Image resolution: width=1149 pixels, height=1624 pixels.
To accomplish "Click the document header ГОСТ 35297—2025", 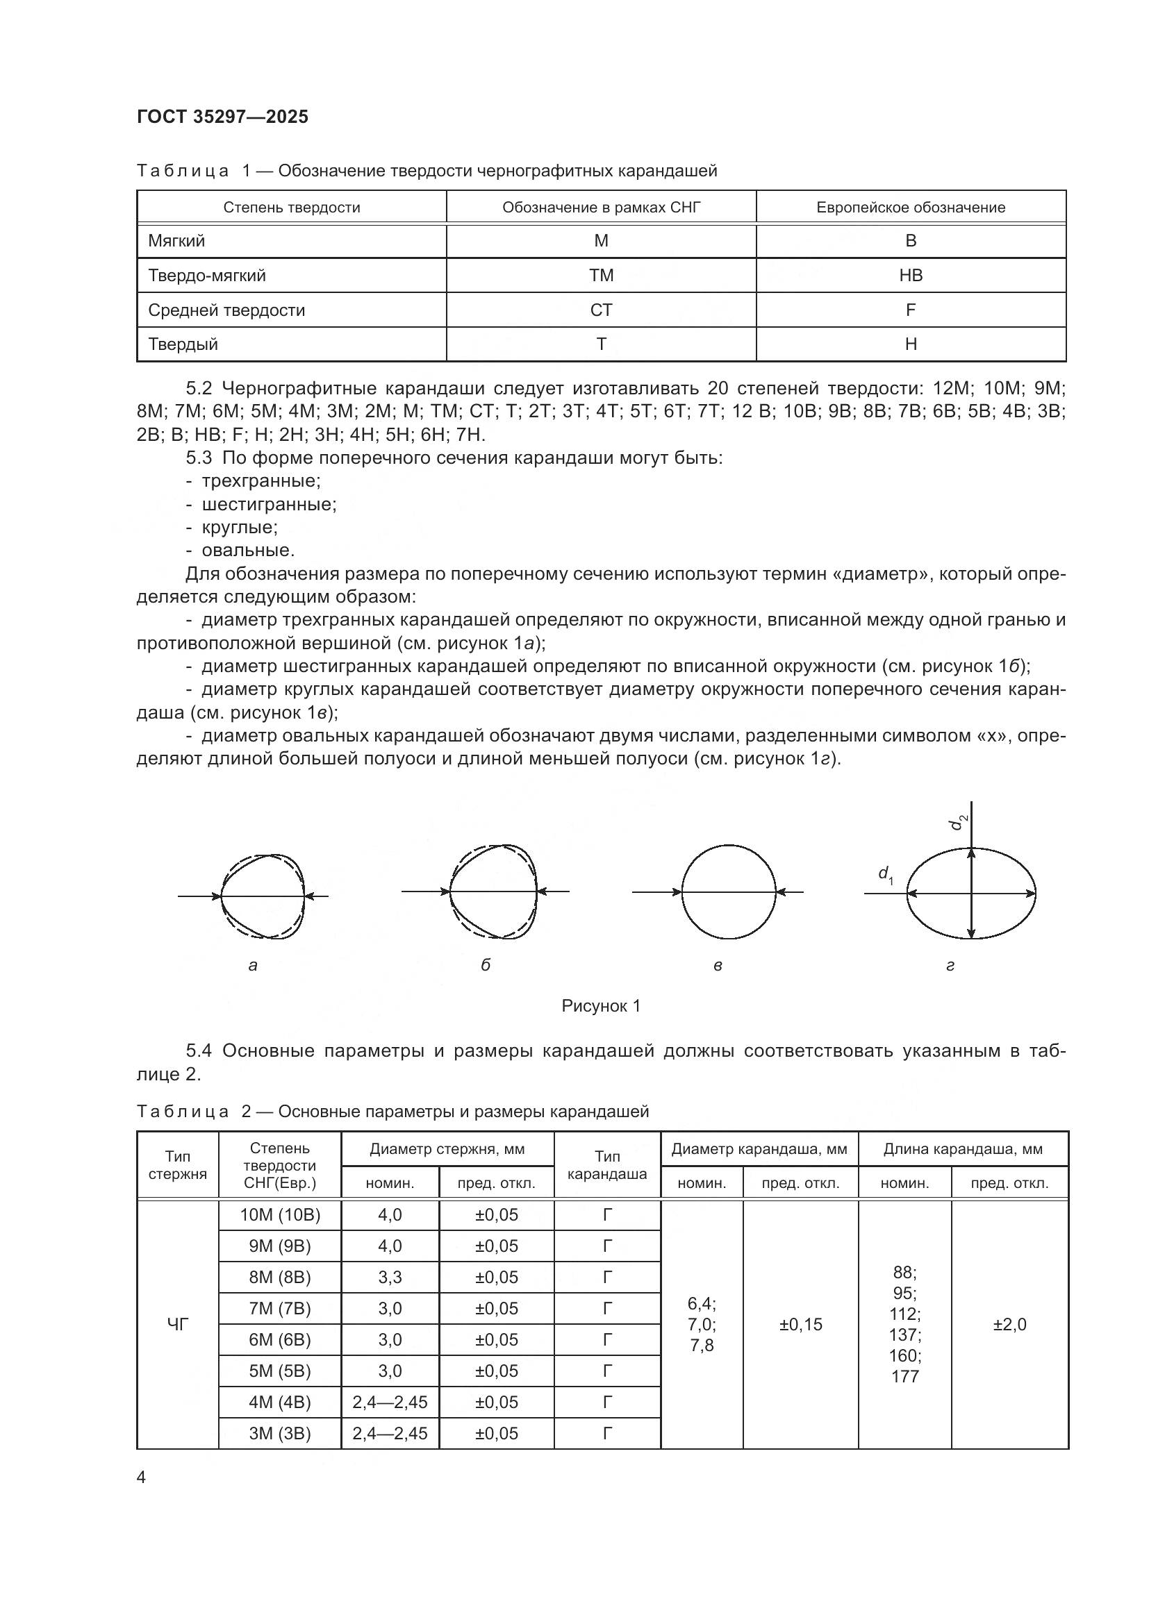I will (x=222, y=117).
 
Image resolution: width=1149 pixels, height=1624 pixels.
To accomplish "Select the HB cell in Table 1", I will (x=910, y=275).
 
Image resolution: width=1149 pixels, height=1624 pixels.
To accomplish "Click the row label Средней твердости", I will (x=226, y=310).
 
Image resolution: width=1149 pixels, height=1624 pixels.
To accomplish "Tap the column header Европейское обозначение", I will (x=910, y=207).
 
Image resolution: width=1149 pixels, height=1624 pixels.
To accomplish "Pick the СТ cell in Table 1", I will (x=601, y=310).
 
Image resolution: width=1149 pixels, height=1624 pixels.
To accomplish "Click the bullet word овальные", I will (x=247, y=550).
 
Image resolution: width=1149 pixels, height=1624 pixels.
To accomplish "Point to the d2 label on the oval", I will (x=959, y=822).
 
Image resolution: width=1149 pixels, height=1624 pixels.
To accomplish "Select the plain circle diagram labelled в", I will (x=728, y=892).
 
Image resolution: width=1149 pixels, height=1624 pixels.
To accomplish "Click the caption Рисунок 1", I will (x=601, y=1006).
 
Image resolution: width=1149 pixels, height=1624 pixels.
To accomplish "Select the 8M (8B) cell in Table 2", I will (x=279, y=1278).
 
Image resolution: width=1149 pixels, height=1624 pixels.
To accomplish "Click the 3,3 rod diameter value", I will (x=390, y=1278).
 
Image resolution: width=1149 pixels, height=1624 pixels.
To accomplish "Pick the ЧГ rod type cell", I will (x=178, y=1324).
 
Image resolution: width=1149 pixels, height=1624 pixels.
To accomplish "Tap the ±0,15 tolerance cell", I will (x=800, y=1324).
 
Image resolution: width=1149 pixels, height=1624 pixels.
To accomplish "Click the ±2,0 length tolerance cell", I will (x=1009, y=1324).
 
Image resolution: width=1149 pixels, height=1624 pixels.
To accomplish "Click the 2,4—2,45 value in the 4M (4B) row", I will (x=390, y=1402).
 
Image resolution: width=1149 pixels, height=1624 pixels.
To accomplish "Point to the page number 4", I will (x=141, y=1477).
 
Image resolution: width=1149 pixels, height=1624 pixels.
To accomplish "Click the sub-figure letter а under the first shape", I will (x=253, y=966).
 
